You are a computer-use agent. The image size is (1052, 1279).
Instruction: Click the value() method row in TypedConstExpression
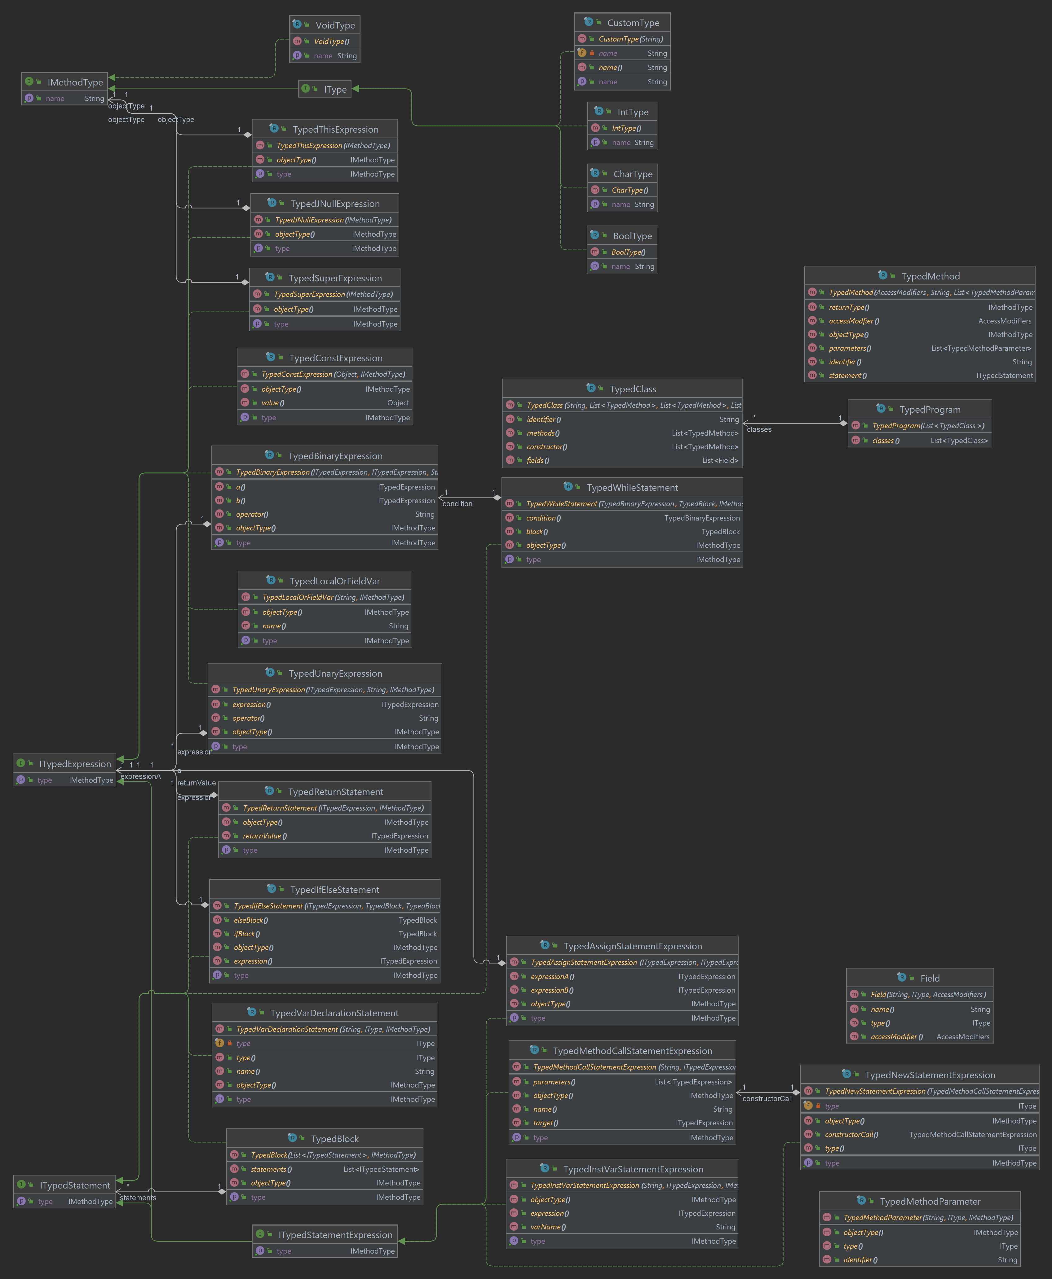pos(325,403)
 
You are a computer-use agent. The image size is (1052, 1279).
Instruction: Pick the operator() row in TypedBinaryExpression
pos(325,514)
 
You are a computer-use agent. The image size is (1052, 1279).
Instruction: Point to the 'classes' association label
pos(759,429)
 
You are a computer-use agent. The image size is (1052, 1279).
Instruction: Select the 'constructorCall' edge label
pos(767,1099)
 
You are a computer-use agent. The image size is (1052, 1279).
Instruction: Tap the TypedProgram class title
pos(930,409)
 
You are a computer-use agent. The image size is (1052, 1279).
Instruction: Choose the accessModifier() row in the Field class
pos(919,1037)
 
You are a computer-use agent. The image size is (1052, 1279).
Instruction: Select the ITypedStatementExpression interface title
pos(335,1235)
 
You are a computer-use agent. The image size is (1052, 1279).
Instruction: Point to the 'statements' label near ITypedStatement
pos(138,1198)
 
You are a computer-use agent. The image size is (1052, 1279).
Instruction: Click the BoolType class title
pos(632,236)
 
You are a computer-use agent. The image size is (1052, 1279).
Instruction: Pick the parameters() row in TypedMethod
pos(919,348)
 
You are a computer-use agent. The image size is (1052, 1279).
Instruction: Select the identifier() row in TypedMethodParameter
pos(919,1259)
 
